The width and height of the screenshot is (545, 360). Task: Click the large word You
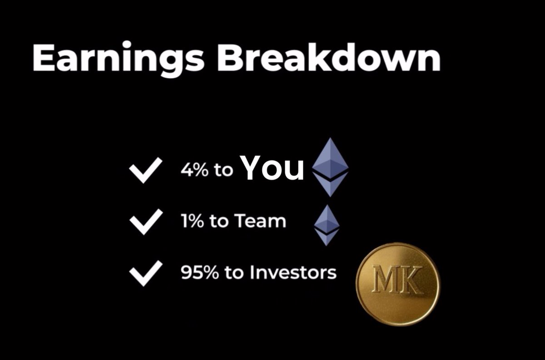click(x=272, y=168)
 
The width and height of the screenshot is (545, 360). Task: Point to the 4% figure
click(x=193, y=170)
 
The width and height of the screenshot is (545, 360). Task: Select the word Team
click(x=260, y=222)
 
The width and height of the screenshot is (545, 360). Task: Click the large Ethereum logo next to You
click(x=330, y=167)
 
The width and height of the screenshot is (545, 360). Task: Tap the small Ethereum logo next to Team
click(x=327, y=225)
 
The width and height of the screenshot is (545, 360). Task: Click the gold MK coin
click(x=397, y=284)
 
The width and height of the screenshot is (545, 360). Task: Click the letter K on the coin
click(x=411, y=280)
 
